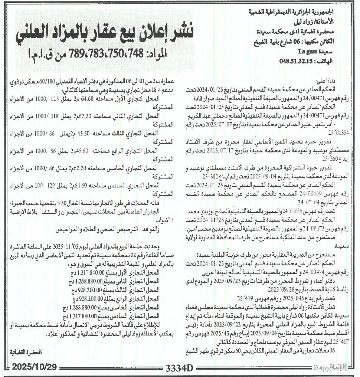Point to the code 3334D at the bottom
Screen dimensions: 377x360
(x=180, y=368)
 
